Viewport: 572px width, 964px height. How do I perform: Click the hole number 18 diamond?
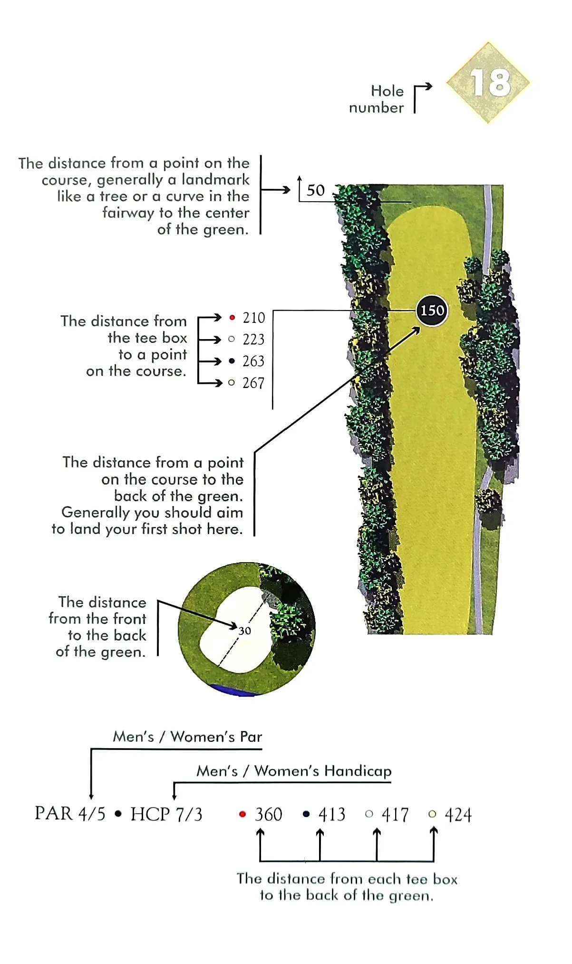tap(489, 83)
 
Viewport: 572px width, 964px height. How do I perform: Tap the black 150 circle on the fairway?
tap(432, 311)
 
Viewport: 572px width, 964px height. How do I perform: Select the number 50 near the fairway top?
tap(316, 191)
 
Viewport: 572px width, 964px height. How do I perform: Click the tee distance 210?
tap(254, 318)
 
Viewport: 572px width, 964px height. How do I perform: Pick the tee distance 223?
tap(253, 340)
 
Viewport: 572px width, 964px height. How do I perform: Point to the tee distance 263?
tap(253, 361)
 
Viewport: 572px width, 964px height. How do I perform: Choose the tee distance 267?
tap(253, 383)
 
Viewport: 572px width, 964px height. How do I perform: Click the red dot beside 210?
tap(232, 317)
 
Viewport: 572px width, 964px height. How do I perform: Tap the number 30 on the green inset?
tap(244, 631)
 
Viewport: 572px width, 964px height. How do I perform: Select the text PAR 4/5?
tap(70, 814)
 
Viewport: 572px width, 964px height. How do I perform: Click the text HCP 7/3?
tap(166, 814)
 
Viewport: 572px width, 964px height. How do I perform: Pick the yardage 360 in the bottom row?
tap(269, 815)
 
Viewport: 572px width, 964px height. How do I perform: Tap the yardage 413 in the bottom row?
tap(332, 815)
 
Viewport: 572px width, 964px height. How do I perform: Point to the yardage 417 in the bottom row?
tap(395, 815)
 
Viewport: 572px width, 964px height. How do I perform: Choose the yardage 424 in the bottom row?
tap(458, 815)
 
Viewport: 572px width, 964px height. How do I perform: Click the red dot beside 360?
tap(242, 814)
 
